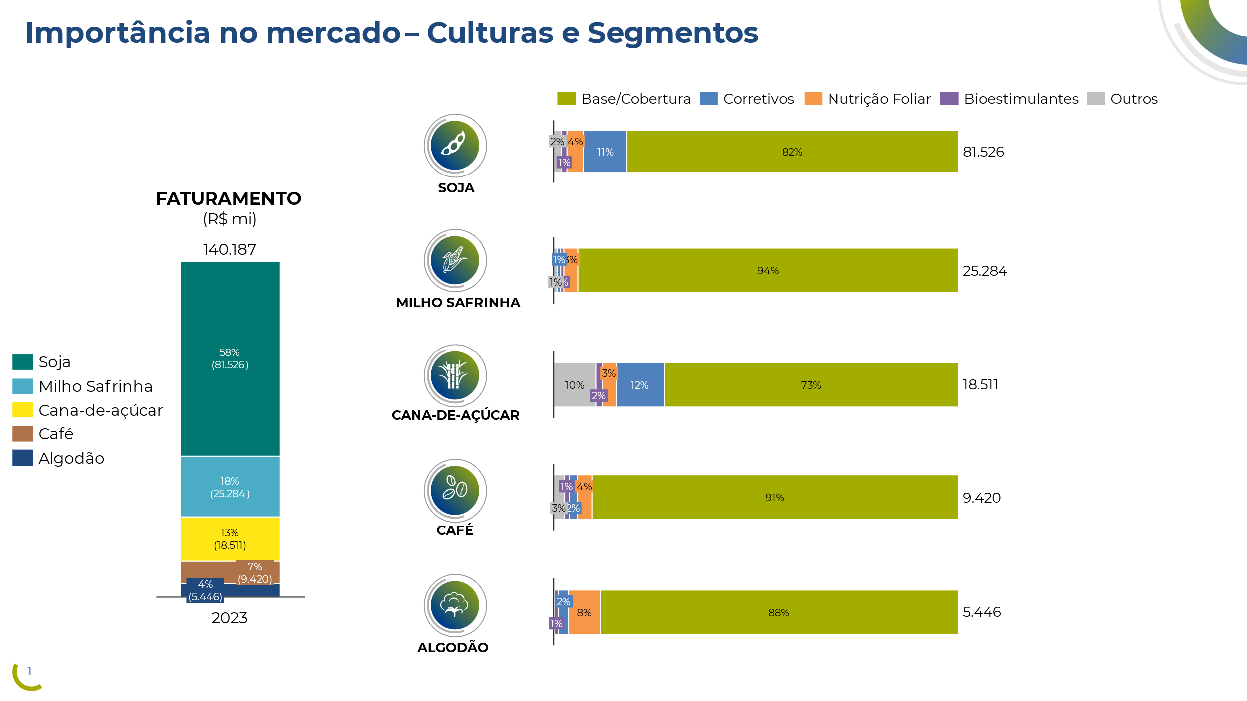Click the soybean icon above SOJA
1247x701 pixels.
(x=455, y=145)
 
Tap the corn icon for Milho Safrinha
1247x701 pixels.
(x=455, y=260)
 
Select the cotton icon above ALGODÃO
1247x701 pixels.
(x=455, y=605)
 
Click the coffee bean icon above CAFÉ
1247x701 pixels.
(x=455, y=490)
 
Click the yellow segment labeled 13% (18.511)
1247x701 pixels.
(x=230, y=538)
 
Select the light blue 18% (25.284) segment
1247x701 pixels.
(x=230, y=486)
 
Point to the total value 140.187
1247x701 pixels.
(x=229, y=249)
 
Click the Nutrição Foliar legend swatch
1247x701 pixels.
(x=813, y=99)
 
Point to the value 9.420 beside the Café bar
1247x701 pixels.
(x=981, y=498)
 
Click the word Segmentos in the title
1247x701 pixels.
(x=672, y=33)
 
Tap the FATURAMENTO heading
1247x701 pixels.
(x=228, y=198)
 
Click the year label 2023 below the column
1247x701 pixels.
(x=229, y=618)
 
